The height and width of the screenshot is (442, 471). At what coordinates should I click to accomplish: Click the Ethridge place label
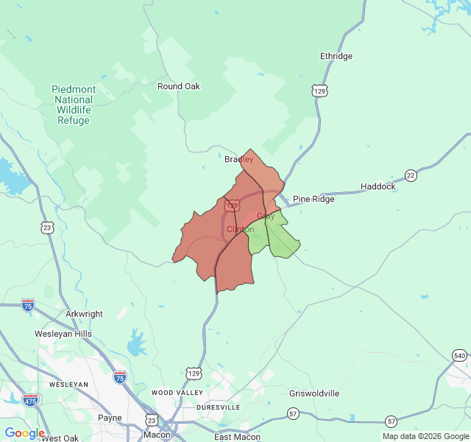click(x=336, y=56)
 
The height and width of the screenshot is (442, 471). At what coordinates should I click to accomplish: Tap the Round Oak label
click(x=179, y=86)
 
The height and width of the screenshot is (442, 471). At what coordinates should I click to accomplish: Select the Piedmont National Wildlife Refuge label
click(x=74, y=105)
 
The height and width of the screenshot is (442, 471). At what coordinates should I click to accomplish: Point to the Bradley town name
click(x=238, y=159)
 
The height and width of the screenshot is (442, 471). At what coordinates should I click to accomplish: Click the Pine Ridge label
click(x=314, y=199)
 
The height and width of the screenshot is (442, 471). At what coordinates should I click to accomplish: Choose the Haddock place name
click(x=378, y=186)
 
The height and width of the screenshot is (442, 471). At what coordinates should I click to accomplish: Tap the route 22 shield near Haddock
click(x=411, y=175)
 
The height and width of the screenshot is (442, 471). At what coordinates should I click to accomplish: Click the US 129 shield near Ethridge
click(x=319, y=91)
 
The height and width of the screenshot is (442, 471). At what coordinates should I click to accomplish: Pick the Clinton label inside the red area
click(x=240, y=229)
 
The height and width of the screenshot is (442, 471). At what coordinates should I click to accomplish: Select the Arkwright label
click(x=85, y=314)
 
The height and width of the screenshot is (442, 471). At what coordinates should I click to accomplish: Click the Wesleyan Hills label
click(x=63, y=334)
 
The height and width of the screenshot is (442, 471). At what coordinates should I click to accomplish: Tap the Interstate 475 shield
click(x=30, y=400)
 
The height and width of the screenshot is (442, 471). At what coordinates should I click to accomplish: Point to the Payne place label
click(x=110, y=418)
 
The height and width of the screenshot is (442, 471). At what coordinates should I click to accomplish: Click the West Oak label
click(x=60, y=438)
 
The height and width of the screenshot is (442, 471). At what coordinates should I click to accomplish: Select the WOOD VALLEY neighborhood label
click(x=177, y=393)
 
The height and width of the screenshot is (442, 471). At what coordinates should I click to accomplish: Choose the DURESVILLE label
click(x=217, y=407)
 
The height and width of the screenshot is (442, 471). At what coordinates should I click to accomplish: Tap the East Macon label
click(x=238, y=437)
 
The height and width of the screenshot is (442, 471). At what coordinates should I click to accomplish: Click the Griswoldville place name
click(x=314, y=393)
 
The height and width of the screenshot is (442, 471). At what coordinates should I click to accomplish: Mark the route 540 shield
click(x=459, y=357)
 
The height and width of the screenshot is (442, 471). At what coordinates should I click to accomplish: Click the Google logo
click(x=24, y=433)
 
